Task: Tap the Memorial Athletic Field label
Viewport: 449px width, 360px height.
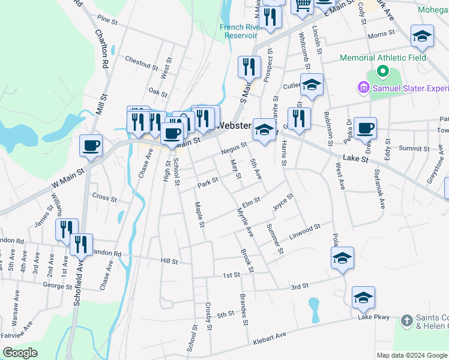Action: (383, 58)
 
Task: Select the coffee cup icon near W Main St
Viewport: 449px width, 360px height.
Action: (91, 146)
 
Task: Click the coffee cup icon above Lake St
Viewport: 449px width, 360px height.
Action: (365, 128)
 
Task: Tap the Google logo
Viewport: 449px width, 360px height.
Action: (19, 353)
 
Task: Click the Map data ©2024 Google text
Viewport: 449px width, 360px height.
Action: (412, 355)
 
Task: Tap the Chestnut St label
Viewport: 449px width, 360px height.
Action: (141, 60)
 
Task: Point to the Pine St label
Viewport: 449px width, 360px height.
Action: (107, 20)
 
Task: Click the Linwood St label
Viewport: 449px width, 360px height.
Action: (306, 229)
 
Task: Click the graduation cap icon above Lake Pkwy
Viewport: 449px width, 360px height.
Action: (363, 298)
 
